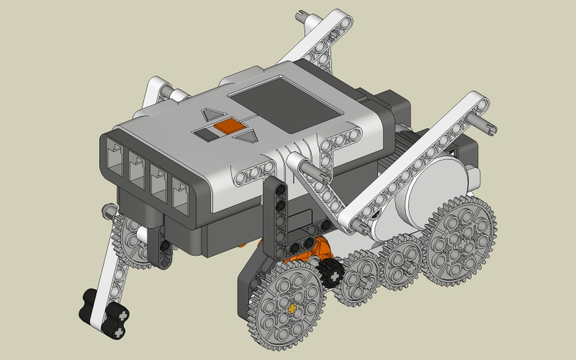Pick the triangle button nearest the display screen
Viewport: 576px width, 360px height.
click(247, 136)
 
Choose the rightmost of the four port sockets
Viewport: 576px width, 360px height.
click(180, 193)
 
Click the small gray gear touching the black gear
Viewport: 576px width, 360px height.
click(360, 277)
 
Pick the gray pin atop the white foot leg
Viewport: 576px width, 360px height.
click(109, 210)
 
